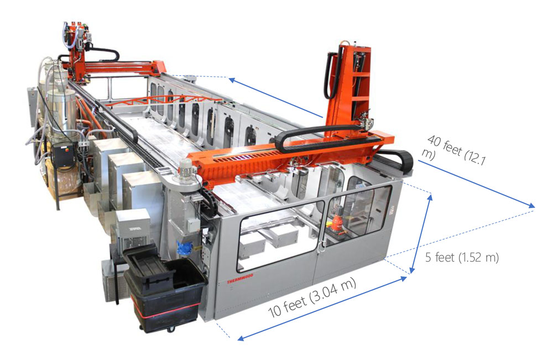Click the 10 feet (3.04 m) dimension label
[312, 297]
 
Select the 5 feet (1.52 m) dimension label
[462, 257]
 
